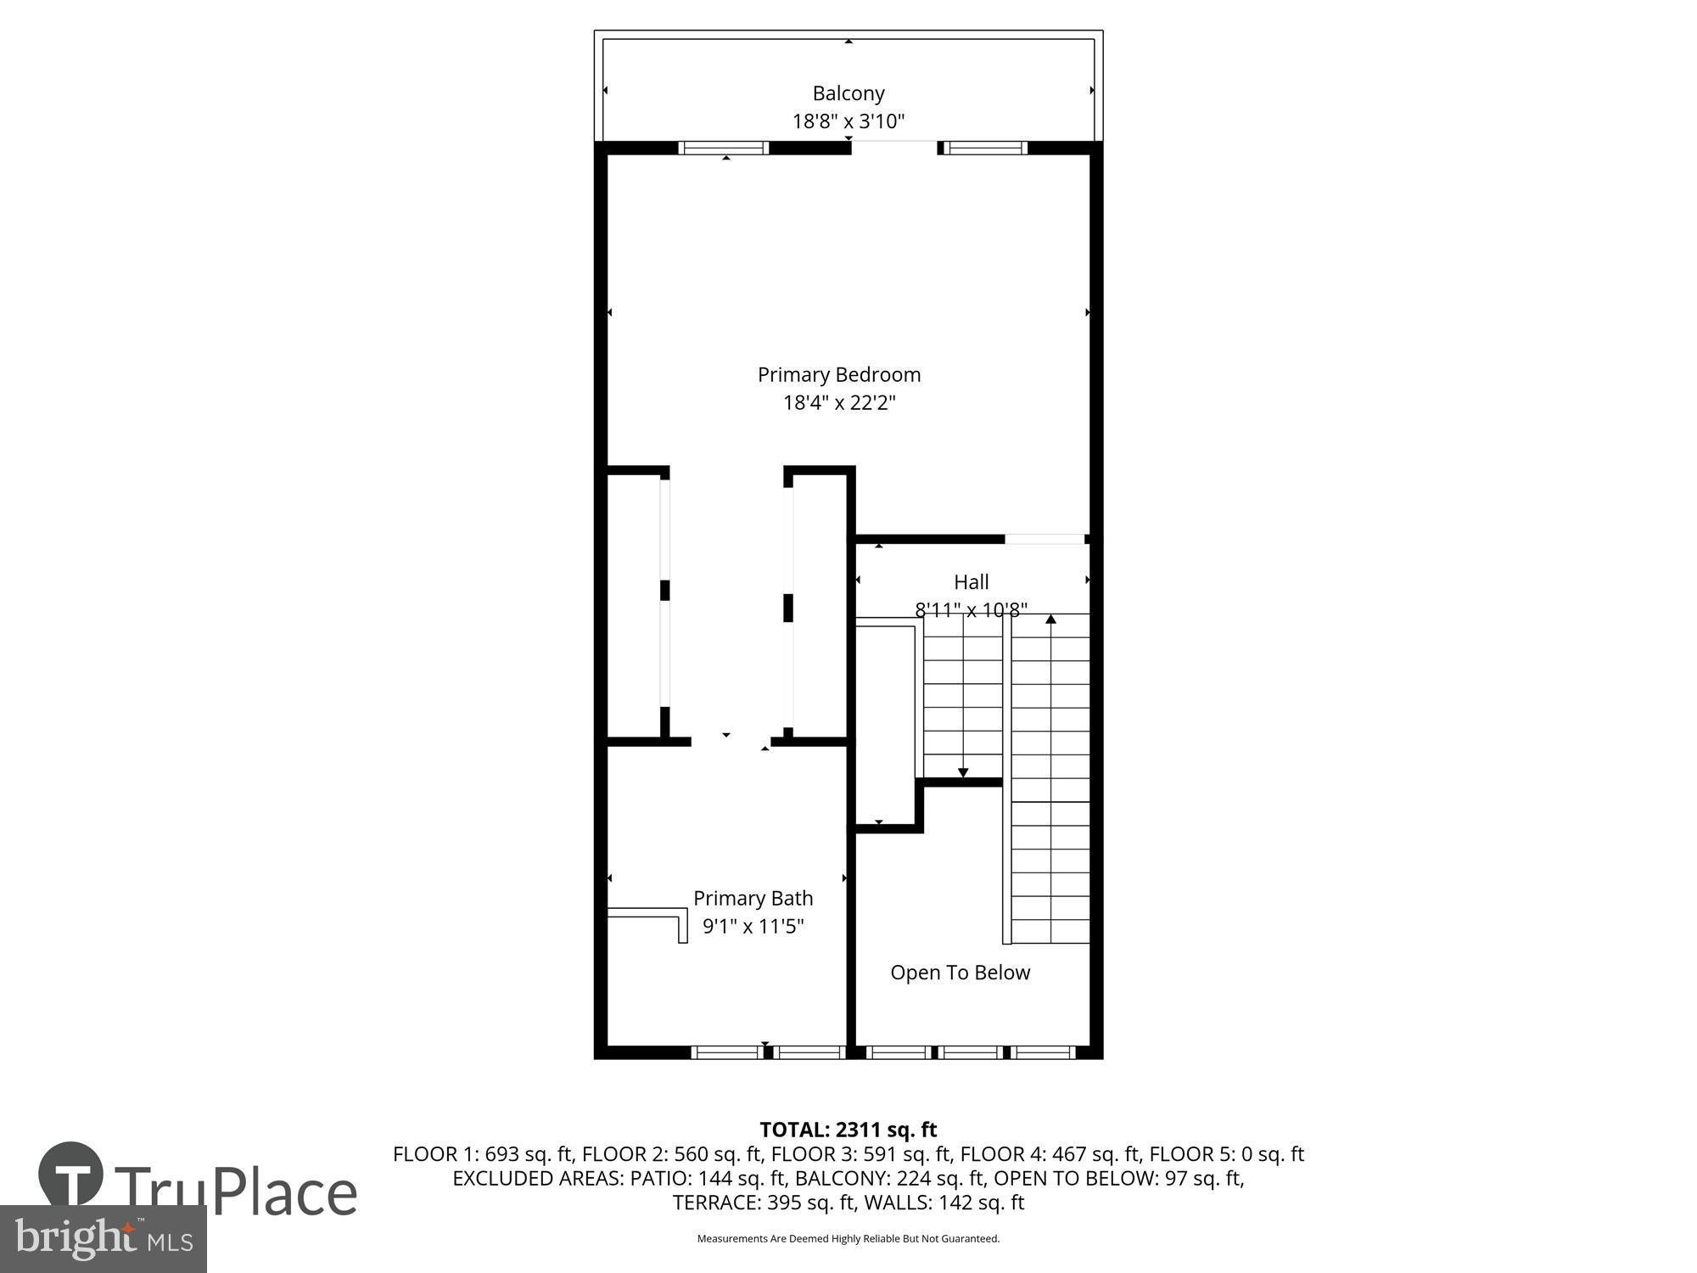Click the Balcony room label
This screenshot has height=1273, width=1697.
click(848, 93)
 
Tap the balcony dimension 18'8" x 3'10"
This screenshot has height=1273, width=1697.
click(848, 121)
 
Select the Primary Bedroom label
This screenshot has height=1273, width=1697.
click(838, 374)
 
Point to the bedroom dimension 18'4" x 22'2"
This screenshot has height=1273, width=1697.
click(838, 402)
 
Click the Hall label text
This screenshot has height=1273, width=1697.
click(971, 582)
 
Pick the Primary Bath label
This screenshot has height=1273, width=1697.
click(753, 898)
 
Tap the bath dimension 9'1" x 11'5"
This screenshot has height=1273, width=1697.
click(753, 926)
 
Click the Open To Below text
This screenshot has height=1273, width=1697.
click(960, 973)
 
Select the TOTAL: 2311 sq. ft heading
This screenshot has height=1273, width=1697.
click(848, 1130)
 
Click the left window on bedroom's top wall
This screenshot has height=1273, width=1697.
click(724, 148)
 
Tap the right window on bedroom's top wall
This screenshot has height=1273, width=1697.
click(984, 148)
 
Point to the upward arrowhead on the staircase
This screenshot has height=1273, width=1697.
click(1050, 620)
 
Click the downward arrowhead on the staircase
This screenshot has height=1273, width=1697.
click(963, 772)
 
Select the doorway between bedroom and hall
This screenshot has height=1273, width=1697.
click(1045, 539)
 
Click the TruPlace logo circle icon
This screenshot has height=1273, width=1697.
click(71, 1175)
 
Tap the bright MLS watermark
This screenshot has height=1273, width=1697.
click(103, 1239)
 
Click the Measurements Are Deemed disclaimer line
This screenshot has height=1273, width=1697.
click(848, 1239)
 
